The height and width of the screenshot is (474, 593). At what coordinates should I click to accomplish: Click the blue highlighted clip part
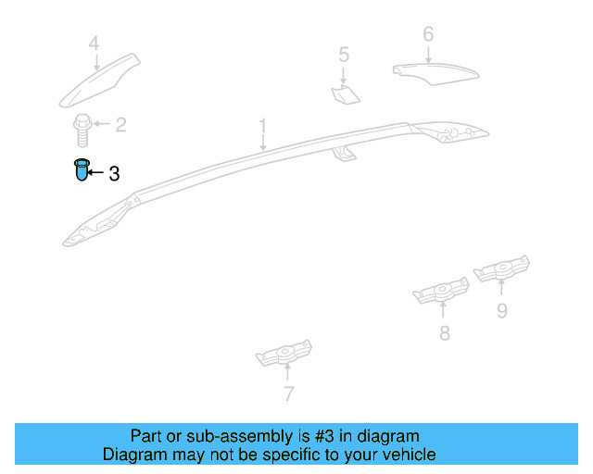pos(82,169)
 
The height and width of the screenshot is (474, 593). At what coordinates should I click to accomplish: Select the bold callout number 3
pos(114,174)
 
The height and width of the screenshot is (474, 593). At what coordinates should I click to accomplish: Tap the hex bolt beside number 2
pos(82,130)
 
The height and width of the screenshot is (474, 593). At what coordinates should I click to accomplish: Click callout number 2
pos(120,125)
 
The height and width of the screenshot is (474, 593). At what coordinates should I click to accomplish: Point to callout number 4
pos(95,44)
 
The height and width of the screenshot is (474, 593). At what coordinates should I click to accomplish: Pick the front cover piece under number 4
pos(99,81)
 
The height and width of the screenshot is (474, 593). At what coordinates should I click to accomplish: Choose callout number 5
pos(344,55)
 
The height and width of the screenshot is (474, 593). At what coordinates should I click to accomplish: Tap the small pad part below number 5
pos(346,94)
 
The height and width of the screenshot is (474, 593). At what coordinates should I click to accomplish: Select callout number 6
pos(428,34)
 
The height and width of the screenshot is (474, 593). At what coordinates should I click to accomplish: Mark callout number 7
pos(288,393)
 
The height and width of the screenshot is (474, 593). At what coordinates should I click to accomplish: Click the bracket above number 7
pos(284,353)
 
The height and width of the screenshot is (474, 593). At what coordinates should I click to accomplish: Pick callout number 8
pos(445,333)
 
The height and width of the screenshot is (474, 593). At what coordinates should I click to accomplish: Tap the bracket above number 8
pos(441,291)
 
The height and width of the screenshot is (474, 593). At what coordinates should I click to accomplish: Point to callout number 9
pos(502,311)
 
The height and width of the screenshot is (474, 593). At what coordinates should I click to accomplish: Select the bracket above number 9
pos(501,268)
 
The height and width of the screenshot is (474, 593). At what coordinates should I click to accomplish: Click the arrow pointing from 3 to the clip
pos(95,172)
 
